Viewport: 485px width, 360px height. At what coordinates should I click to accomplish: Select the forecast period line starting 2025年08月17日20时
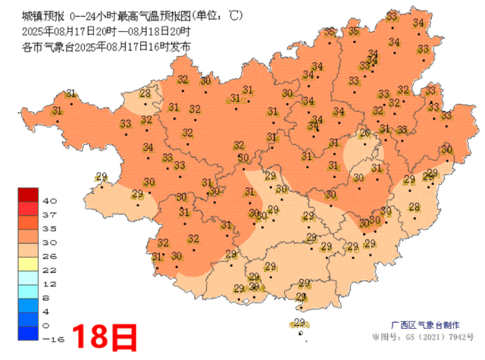click(107, 31)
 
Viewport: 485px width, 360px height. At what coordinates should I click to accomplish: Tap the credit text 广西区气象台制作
click(427, 322)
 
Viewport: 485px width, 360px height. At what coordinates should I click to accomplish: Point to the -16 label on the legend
click(51, 340)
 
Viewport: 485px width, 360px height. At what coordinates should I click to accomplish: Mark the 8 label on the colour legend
click(49, 298)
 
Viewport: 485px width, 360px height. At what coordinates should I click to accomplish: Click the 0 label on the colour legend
click(49, 326)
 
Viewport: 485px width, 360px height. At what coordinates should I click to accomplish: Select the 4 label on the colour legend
click(49, 311)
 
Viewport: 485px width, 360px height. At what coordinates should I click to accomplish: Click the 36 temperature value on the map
click(330, 32)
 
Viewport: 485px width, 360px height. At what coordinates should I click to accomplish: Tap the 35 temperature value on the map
click(354, 31)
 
